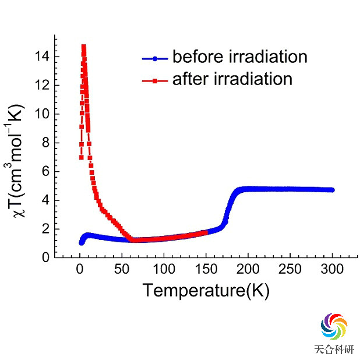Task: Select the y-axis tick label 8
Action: click(x=44, y=143)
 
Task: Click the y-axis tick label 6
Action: click(x=44, y=171)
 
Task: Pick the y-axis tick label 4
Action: click(x=44, y=200)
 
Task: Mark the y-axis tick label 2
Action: click(x=44, y=228)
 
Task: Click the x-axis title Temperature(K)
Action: click(x=206, y=290)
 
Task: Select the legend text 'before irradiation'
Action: click(x=239, y=57)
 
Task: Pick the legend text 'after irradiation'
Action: click(x=232, y=79)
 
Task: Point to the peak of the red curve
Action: click(x=83, y=47)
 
